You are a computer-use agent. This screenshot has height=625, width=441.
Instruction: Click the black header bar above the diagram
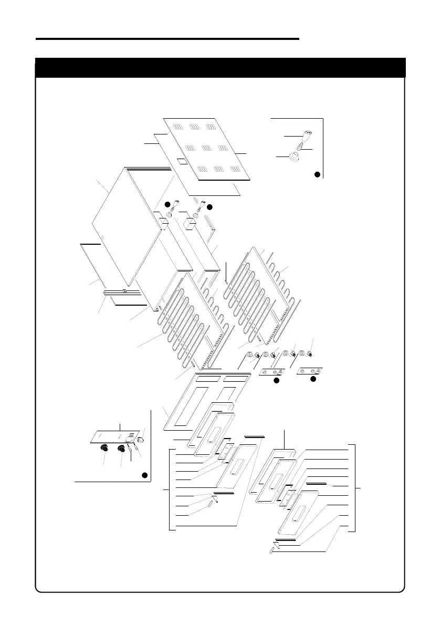[220, 68]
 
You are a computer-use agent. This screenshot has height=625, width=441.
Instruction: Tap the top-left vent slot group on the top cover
[177, 127]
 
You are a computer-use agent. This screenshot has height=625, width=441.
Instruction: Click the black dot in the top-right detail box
[317, 174]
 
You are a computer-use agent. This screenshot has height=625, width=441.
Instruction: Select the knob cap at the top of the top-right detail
[308, 133]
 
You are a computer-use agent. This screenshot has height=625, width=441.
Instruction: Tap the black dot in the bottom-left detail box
[145, 475]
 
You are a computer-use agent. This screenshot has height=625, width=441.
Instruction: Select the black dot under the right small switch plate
[313, 378]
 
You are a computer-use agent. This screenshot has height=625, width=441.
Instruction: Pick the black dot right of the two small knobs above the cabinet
[209, 207]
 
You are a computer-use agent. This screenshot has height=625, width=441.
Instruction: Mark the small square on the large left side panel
[102, 238]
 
